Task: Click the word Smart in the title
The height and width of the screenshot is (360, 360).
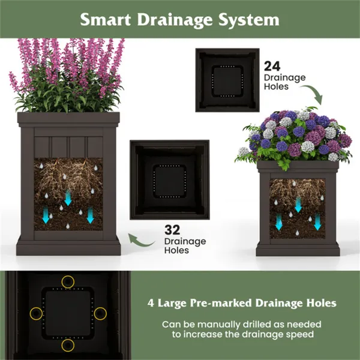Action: click(x=108, y=20)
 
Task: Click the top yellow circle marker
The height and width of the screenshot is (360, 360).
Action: click(x=68, y=281)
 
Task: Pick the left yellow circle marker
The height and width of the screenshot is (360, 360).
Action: click(x=36, y=313)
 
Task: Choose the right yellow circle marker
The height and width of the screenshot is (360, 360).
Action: click(x=100, y=313)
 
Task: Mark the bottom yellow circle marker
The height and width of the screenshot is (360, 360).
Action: click(x=68, y=346)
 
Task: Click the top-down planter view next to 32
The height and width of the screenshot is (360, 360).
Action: click(x=169, y=178)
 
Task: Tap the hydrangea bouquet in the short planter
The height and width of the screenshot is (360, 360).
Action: click(x=297, y=135)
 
